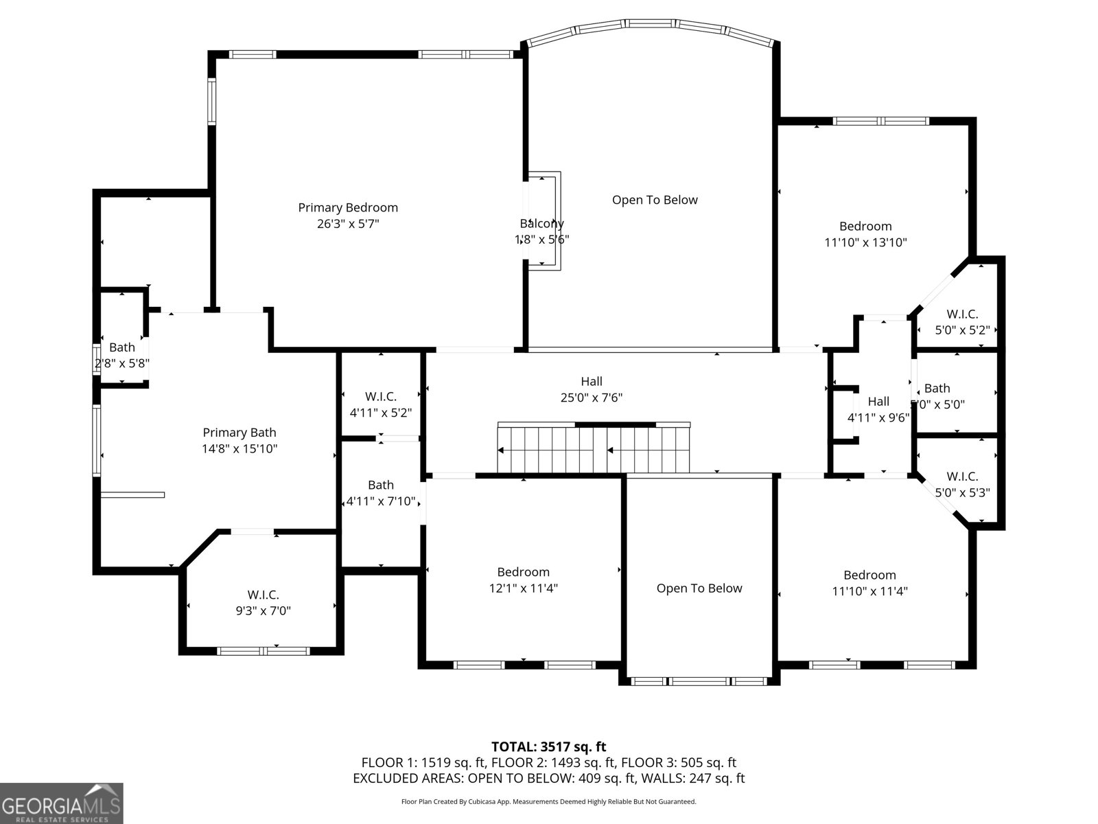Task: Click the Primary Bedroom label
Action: click(x=348, y=207)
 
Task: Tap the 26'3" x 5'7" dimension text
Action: click(x=348, y=224)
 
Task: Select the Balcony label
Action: click(x=541, y=223)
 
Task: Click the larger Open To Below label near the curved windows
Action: click(x=655, y=200)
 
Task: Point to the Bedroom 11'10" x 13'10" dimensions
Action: click(x=865, y=242)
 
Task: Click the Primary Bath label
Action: click(x=240, y=433)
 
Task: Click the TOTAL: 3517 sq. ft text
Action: click(x=548, y=746)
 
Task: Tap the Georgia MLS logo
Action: click(x=61, y=803)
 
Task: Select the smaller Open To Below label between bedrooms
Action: click(x=699, y=588)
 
